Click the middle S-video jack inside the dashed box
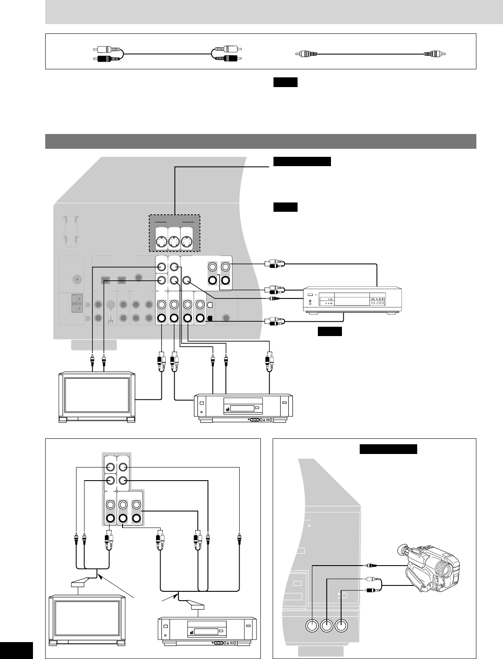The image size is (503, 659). coord(174,242)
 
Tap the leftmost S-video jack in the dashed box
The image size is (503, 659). coord(161,242)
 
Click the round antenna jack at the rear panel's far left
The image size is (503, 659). coord(77,279)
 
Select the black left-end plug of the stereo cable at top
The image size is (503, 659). coord(107,58)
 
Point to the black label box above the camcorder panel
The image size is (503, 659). coord(388,448)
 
